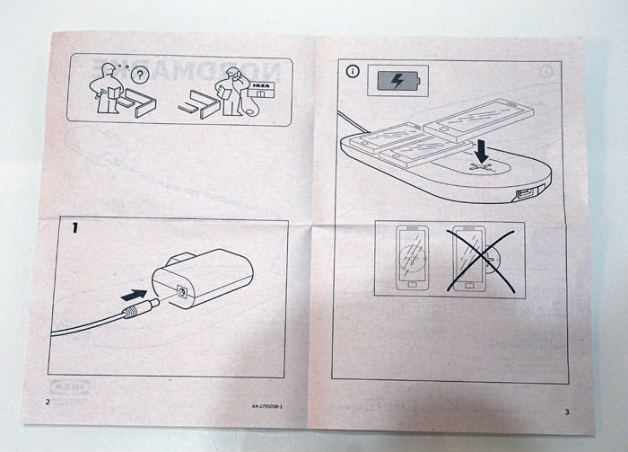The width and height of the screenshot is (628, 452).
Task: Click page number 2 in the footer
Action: pos(48,401)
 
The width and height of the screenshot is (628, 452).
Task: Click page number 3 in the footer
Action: pos(566,412)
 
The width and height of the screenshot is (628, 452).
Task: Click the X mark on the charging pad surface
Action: pos(483,167)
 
